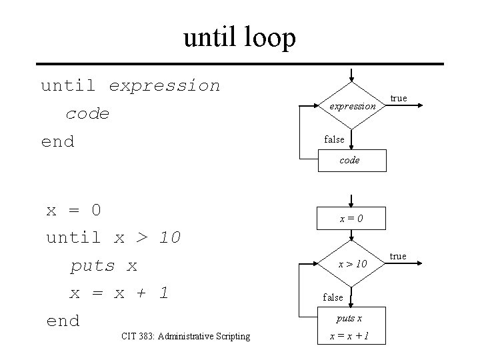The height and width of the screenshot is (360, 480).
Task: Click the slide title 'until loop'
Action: [239, 38]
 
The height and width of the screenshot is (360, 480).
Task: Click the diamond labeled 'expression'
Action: [352, 105]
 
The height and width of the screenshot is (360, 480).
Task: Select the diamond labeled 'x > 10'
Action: [352, 264]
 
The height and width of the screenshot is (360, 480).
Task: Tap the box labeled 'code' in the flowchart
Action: [350, 160]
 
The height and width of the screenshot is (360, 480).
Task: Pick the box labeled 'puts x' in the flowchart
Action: [350, 319]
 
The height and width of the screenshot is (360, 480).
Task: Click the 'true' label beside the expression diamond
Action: [399, 99]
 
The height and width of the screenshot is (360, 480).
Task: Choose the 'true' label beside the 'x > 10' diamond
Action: [398, 257]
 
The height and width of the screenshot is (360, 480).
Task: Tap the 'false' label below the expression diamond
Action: [334, 139]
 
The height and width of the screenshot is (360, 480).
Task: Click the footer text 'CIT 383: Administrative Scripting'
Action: [186, 336]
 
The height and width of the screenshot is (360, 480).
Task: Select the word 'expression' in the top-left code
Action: [164, 85]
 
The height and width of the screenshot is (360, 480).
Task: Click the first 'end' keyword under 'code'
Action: [57, 141]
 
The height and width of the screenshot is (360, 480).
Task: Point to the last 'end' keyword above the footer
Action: [63, 321]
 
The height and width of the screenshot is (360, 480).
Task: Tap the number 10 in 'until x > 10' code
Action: [170, 237]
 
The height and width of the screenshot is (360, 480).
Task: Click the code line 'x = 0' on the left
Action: [73, 210]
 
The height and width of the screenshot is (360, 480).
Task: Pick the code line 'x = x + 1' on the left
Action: [119, 293]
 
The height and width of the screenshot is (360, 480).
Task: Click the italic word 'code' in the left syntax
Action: [87, 114]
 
